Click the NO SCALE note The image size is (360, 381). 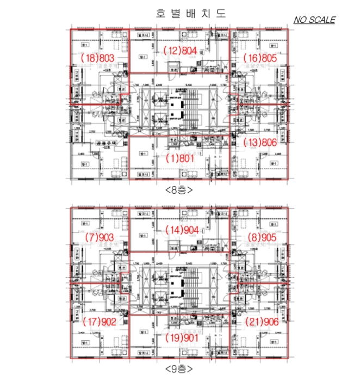(314, 20)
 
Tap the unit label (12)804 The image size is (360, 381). (180, 51)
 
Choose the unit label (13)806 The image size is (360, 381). (260, 143)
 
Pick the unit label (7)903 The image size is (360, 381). (100, 237)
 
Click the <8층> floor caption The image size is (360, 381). (179, 190)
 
